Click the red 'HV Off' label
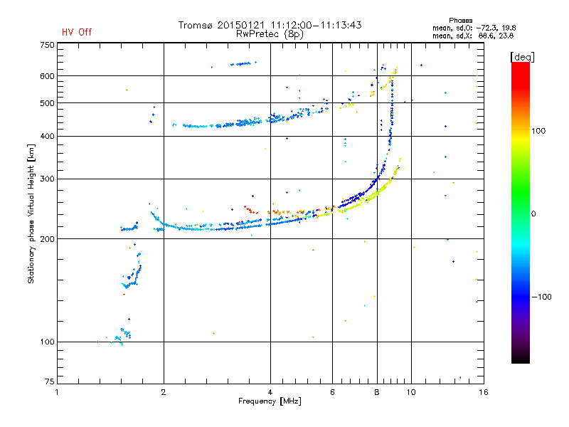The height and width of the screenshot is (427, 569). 77,32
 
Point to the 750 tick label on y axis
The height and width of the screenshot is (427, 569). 47,44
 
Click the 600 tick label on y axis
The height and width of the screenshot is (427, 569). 47,75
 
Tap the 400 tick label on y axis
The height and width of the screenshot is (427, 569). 47,136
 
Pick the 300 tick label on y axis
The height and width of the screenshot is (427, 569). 47,179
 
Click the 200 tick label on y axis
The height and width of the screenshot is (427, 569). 47,238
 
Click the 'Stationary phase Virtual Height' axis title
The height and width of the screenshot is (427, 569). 31,213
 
